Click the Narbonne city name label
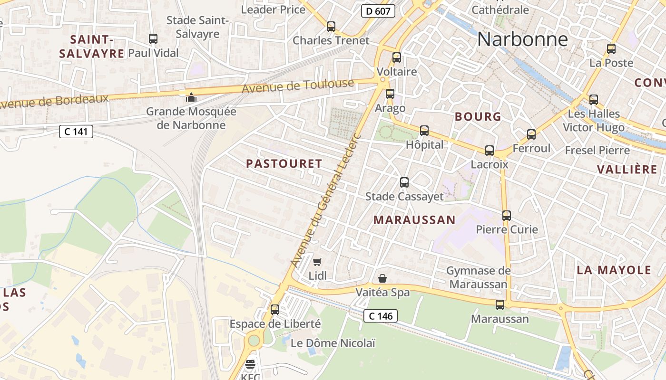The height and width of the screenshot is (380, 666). click(x=522, y=39)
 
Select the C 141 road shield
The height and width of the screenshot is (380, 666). click(x=76, y=132)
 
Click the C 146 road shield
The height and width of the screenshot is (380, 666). click(x=380, y=315)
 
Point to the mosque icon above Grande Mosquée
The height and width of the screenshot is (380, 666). click(x=191, y=98)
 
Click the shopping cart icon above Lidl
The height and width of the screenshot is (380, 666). click(x=317, y=262)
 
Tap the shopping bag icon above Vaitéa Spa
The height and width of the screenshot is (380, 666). click(x=382, y=278)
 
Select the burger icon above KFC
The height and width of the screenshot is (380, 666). click(x=250, y=365)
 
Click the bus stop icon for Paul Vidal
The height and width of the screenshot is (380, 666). click(x=153, y=39)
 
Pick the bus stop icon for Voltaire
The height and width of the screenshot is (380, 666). click(x=397, y=57)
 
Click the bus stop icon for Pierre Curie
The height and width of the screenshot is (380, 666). click(x=507, y=216)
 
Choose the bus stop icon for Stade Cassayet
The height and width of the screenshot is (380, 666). click(x=404, y=182)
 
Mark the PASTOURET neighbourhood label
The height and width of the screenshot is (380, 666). click(x=284, y=164)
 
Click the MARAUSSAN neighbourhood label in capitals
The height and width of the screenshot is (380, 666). click(x=414, y=220)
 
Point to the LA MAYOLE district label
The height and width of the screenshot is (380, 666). click(x=614, y=270)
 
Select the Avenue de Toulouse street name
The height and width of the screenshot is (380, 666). click(x=298, y=86)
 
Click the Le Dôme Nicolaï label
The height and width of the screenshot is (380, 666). click(x=333, y=343)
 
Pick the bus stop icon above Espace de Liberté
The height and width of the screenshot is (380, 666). click(x=275, y=310)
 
